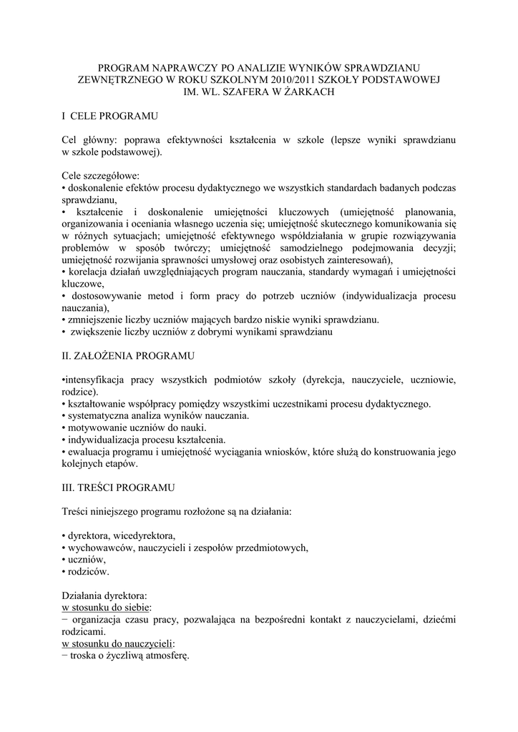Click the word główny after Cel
[x=99, y=139]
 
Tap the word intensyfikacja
[x=95, y=379]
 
